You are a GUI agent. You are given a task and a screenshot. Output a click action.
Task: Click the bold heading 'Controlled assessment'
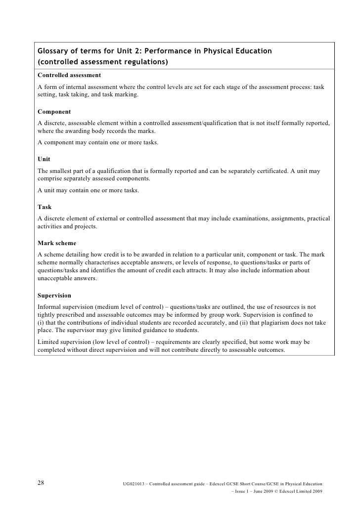pyautogui.click(x=69, y=75)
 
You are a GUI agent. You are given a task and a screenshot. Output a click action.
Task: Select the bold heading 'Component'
pyautogui.click(x=54, y=112)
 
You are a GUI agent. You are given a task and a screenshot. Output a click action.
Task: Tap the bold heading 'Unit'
pyautogui.click(x=44, y=159)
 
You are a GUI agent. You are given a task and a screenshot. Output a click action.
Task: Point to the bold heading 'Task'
pyautogui.click(x=45, y=207)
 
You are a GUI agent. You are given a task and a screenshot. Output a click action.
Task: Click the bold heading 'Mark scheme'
pyautogui.click(x=57, y=243)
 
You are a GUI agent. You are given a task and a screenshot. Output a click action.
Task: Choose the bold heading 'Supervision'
pyautogui.click(x=54, y=296)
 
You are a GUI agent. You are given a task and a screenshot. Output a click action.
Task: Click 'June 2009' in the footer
pyautogui.click(x=265, y=492)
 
